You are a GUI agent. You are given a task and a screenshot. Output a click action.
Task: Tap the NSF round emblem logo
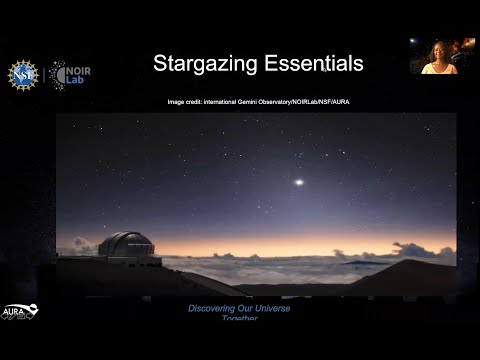tap(23, 74)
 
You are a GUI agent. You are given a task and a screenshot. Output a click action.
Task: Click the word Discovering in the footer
tap(214, 308)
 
